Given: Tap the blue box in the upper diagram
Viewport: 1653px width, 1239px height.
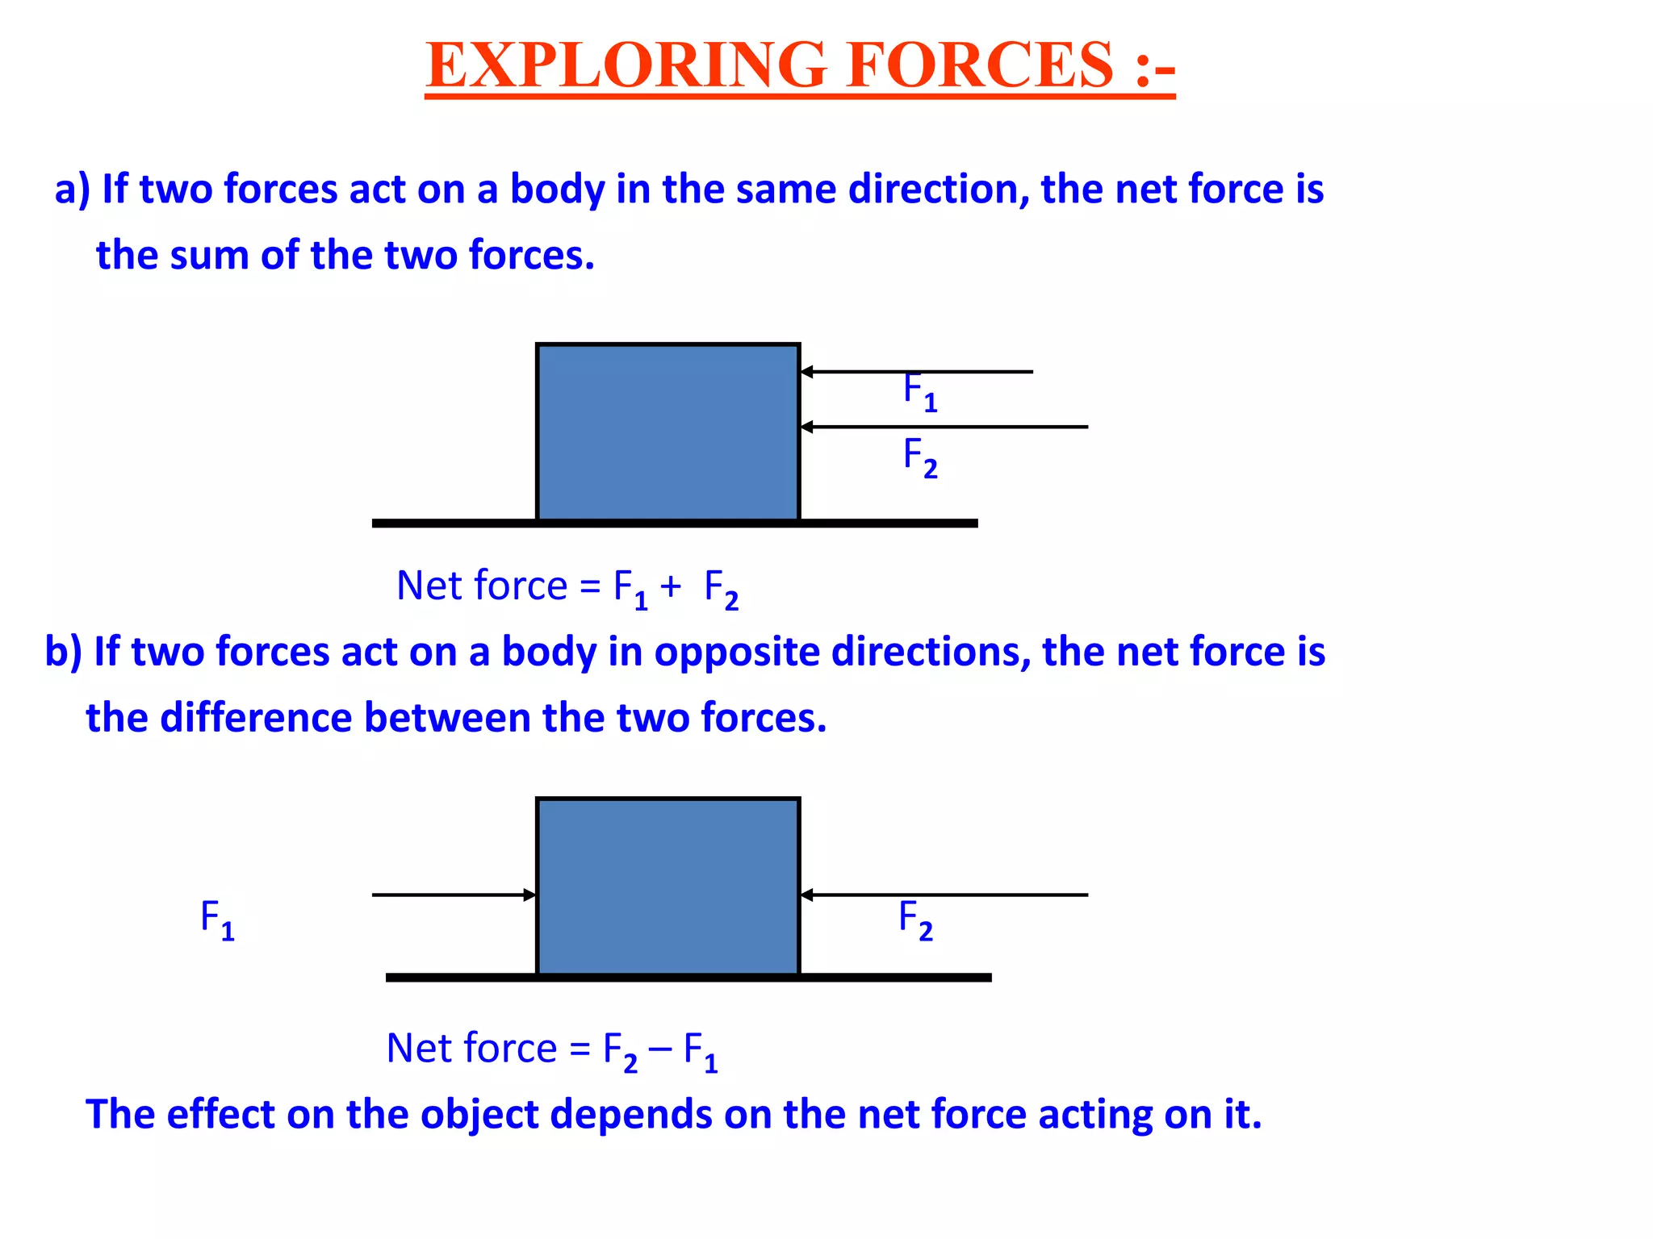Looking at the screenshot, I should click(667, 432).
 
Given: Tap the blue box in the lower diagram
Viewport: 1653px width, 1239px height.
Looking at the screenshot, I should click(667, 886).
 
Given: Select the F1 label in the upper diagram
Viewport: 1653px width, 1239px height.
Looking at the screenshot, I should click(919, 392).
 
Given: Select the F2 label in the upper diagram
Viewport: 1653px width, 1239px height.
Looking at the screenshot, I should click(919, 457).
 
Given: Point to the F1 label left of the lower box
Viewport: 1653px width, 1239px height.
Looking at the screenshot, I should click(217, 920).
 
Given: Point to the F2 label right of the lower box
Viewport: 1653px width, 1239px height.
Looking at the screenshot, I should click(915, 920).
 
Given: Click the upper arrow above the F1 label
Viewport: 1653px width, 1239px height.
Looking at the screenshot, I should click(916, 372).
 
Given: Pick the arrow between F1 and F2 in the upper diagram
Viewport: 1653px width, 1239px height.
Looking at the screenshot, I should click(944, 427).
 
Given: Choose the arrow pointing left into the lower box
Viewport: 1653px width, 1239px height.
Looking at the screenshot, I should click(944, 895).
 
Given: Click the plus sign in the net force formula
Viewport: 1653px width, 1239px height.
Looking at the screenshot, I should click(670, 586).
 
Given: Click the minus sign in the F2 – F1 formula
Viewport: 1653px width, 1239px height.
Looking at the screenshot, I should click(659, 1049).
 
